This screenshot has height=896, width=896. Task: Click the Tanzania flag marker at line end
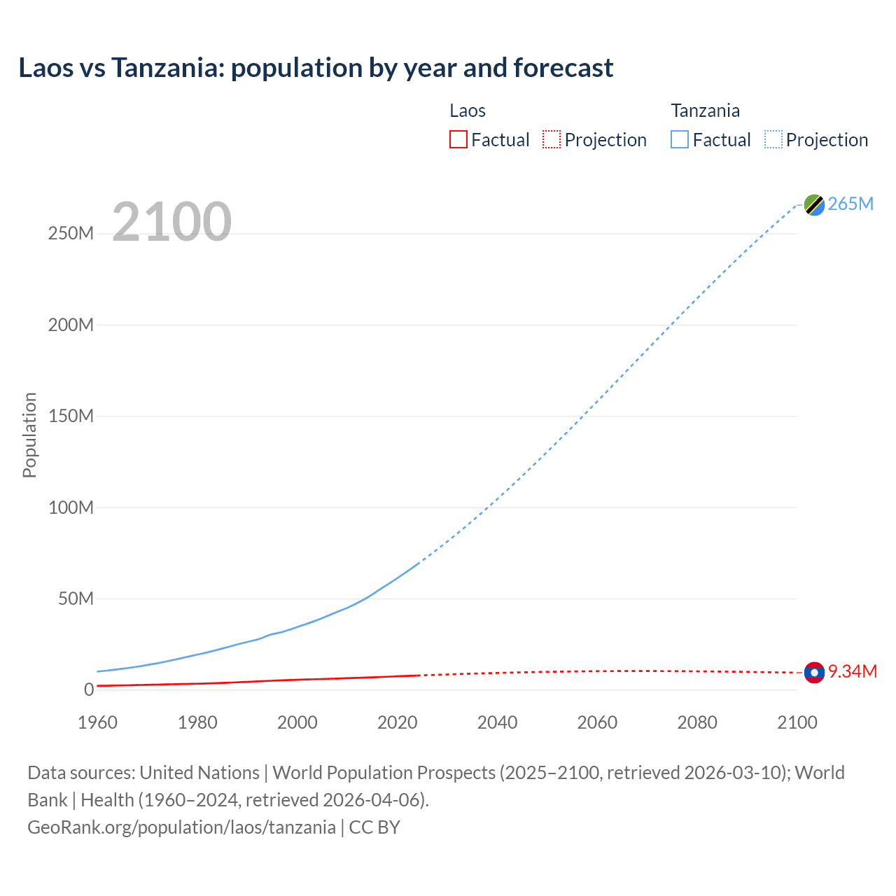click(x=814, y=204)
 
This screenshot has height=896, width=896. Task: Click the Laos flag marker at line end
click(x=814, y=672)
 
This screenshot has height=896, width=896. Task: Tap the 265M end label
click(x=850, y=204)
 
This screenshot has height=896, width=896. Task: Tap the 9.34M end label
click(x=852, y=671)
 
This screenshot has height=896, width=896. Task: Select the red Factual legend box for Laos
click(x=458, y=139)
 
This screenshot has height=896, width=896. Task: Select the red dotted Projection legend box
click(x=552, y=139)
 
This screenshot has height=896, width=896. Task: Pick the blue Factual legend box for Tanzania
click(x=680, y=139)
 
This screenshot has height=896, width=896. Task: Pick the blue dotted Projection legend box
click(x=773, y=139)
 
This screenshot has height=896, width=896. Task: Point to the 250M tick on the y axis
click(x=71, y=233)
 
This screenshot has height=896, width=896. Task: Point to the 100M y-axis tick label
click(x=71, y=507)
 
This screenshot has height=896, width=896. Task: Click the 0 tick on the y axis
click(x=89, y=689)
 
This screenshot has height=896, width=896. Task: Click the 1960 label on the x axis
click(x=97, y=722)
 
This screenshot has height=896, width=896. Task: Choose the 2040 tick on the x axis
click(x=497, y=722)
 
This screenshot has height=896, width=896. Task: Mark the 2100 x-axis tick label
click(x=797, y=722)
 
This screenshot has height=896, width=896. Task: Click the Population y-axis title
click(x=29, y=435)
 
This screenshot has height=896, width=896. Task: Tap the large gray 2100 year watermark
click(x=171, y=222)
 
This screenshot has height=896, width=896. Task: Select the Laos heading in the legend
click(x=467, y=111)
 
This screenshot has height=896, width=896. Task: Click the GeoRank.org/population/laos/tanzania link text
click(x=181, y=827)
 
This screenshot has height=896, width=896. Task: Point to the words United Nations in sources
click(x=199, y=772)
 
